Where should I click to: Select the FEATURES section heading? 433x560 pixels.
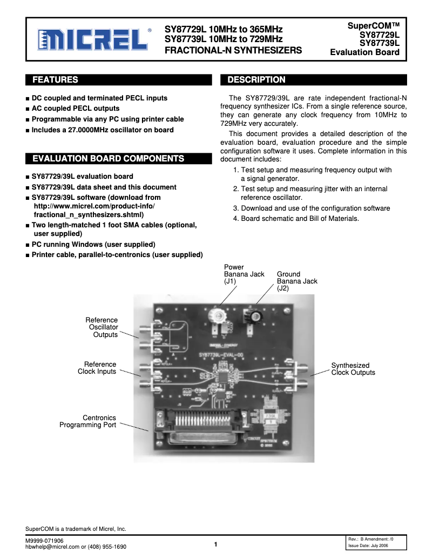(55, 80)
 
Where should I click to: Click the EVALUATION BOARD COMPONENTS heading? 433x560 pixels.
(109, 159)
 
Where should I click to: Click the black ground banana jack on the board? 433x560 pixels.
(252, 316)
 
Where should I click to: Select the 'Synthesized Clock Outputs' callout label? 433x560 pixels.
(353, 369)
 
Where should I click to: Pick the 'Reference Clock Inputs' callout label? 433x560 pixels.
(97, 368)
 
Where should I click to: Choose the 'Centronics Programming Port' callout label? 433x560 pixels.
(88, 421)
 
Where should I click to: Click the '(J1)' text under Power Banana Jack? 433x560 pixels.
(231, 281)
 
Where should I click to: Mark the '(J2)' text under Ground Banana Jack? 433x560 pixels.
(283, 288)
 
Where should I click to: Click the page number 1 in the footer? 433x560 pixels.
(215, 544)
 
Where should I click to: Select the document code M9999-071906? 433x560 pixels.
(44, 541)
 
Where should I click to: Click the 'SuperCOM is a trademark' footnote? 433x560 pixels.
(76, 529)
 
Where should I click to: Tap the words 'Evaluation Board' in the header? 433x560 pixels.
(365, 52)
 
